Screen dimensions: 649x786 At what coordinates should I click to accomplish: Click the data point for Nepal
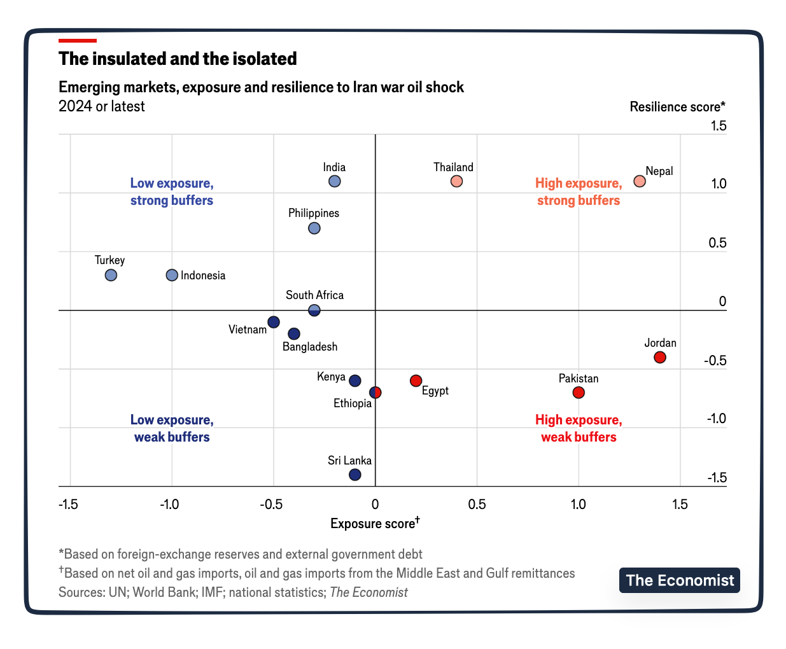coord(640,181)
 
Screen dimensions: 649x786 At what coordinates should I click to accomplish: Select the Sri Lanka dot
coord(355,475)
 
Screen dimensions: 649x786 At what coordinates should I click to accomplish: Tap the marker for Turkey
coord(111,276)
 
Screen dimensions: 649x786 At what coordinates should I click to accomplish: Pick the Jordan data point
coord(660,358)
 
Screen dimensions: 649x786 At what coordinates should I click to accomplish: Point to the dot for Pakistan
coord(579,393)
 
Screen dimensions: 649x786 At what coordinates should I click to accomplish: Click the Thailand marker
coord(456,181)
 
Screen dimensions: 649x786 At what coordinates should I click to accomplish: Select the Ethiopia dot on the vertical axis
coord(375,393)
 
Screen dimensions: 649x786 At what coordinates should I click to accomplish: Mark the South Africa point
coord(314,311)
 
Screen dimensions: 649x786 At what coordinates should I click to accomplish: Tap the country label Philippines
coord(314,213)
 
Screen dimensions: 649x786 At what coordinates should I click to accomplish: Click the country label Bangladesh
coord(310,347)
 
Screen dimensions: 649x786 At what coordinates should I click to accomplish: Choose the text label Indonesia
coord(203,276)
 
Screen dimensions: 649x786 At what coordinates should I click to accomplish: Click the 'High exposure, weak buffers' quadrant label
coord(579,428)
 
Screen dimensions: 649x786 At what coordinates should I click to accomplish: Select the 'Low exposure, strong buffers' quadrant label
coord(172,192)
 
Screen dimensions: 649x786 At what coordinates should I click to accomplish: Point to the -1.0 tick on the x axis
coord(170,505)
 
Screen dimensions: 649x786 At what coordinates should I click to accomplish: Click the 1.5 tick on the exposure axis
coord(680,505)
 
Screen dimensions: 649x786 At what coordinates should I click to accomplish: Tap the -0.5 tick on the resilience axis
coord(715,361)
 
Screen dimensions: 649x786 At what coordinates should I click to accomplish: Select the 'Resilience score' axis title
coord(677,107)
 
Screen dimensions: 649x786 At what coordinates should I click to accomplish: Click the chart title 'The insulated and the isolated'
coord(178,59)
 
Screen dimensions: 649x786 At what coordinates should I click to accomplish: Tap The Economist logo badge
coord(679,580)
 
